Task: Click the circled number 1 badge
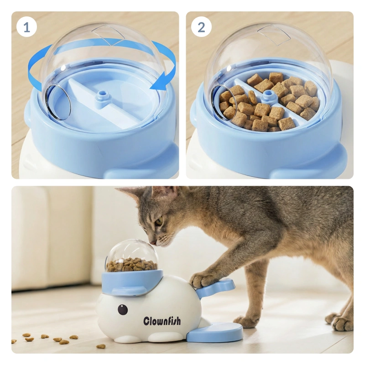27,27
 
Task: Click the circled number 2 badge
201,27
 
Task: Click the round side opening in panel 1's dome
58,103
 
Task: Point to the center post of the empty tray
102,98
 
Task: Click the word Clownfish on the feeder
162,321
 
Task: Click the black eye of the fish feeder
123,309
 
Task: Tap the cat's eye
159,221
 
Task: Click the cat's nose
153,242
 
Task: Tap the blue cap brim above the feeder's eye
128,292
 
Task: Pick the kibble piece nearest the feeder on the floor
101,346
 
